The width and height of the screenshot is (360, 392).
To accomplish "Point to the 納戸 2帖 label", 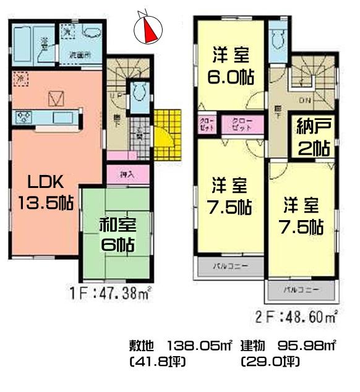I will pyautogui.click(x=313, y=137).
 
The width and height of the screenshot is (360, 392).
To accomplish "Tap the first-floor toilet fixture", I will pyautogui.click(x=140, y=93).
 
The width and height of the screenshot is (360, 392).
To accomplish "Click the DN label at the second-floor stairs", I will pyautogui.click(x=305, y=100).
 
